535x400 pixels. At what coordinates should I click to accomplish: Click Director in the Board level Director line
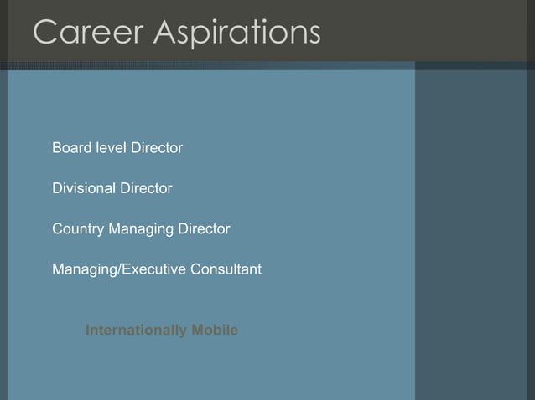(x=155, y=148)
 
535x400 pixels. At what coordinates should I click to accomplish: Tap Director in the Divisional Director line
(x=146, y=188)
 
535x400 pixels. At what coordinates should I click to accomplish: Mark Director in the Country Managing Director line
(x=203, y=228)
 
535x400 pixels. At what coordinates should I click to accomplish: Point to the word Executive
(x=152, y=269)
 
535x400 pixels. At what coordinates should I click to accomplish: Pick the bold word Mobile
(x=215, y=331)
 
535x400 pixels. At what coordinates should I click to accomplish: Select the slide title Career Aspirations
(x=176, y=34)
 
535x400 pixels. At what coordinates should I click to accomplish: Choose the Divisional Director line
(x=112, y=188)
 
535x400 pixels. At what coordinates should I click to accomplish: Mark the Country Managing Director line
(x=141, y=228)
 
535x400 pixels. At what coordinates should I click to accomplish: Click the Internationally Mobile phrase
(x=162, y=331)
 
